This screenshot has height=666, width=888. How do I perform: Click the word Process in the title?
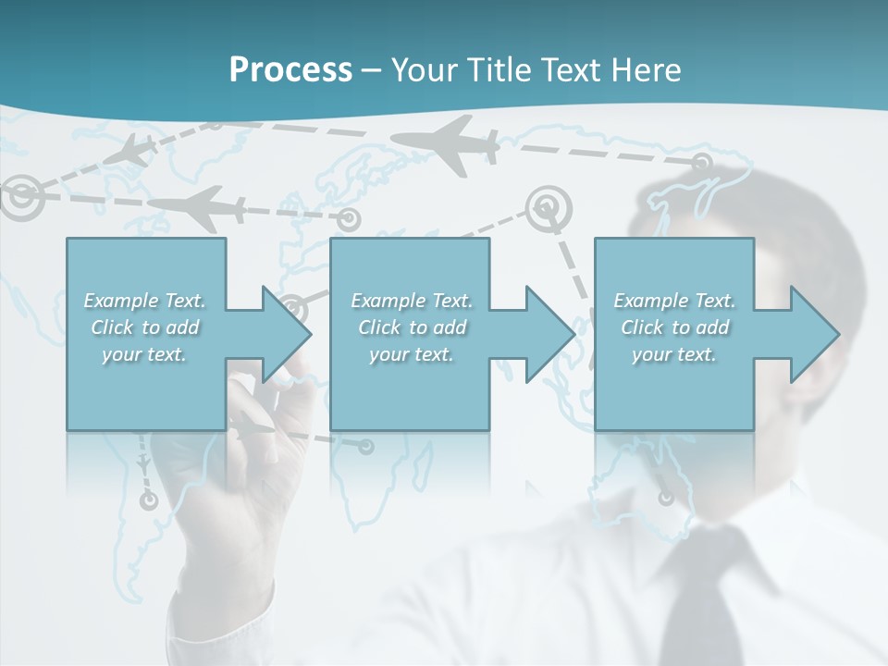click(290, 70)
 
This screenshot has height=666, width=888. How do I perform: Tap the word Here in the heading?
click(646, 70)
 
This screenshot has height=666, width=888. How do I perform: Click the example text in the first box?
click(144, 327)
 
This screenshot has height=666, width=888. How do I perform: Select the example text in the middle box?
click(412, 327)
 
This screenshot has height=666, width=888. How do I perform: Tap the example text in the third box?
click(674, 327)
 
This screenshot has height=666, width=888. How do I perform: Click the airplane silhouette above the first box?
click(199, 208)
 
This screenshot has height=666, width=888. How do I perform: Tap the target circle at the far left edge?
click(19, 194)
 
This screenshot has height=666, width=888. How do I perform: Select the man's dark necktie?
click(703, 601)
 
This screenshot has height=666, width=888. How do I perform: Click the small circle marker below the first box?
click(148, 500)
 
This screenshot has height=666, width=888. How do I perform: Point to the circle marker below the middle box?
click(366, 447)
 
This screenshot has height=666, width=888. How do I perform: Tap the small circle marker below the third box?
click(666, 498)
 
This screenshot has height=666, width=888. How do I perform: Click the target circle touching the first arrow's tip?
click(293, 306)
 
